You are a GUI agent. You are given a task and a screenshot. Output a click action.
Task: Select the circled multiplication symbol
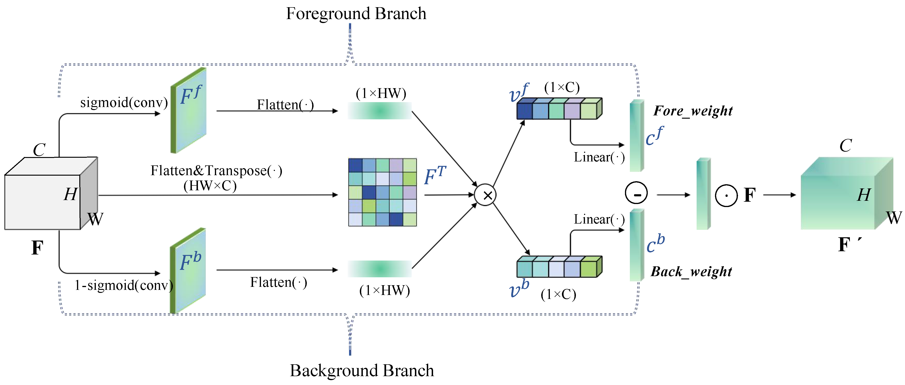[x=485, y=195]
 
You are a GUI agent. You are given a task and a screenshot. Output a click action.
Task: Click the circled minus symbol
[x=636, y=193]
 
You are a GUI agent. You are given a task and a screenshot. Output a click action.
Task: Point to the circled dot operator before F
[x=726, y=195]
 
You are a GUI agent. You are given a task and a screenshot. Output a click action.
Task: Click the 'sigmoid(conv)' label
[x=124, y=103]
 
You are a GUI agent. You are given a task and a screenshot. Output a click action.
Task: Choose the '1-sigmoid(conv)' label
[x=124, y=285]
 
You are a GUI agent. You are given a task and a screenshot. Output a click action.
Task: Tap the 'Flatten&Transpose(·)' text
[x=216, y=171]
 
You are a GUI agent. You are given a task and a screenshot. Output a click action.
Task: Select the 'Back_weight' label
[x=691, y=271]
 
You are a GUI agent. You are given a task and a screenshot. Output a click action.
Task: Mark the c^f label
[x=654, y=136]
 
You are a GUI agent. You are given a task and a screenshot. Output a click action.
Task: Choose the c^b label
[x=655, y=243]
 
